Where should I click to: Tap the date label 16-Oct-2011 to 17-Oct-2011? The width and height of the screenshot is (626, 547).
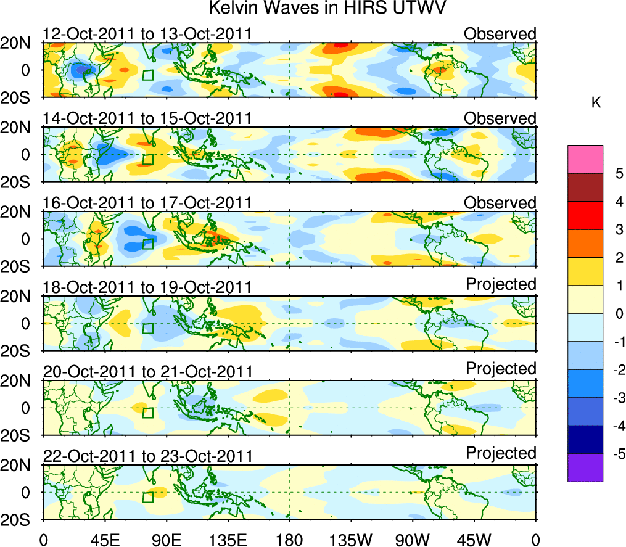147,203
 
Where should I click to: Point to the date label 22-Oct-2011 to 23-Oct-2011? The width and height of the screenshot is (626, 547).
147,456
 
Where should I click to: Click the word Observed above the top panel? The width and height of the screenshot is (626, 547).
500,33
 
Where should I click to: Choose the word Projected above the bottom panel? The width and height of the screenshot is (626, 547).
501,453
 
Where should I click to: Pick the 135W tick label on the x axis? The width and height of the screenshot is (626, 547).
351,539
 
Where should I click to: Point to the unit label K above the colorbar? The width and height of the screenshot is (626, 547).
596,103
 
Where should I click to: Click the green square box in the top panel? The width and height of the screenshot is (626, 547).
147,75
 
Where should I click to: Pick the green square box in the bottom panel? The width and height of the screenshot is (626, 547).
147,498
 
